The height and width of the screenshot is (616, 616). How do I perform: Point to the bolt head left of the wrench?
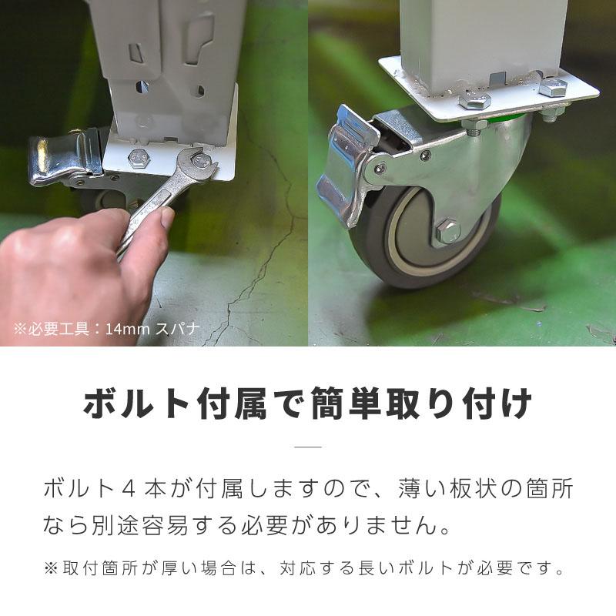click(x=139, y=159)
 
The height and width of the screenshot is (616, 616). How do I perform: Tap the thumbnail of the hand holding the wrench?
click(x=167, y=217)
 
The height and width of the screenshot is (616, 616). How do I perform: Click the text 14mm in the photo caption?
click(x=128, y=329)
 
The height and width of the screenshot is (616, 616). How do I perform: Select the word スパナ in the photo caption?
click(x=178, y=329)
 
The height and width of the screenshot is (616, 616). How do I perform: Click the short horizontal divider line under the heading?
click(x=308, y=447)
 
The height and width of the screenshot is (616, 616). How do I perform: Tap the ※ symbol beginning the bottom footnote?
click(x=51, y=568)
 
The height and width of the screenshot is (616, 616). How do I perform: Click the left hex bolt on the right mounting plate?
click(x=474, y=102)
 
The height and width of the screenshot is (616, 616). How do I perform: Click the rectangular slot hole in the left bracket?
click(x=136, y=53)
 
